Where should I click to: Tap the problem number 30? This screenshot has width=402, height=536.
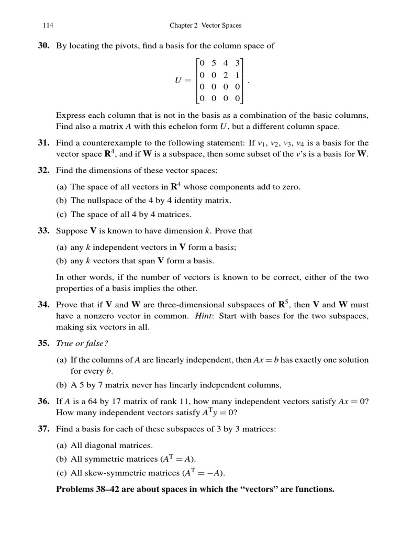(x=43, y=46)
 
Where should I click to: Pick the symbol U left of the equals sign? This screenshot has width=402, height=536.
(x=178, y=81)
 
